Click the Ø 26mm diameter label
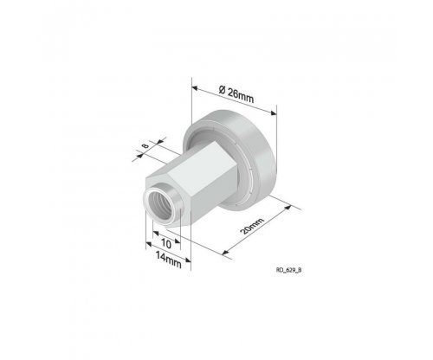point(236,94)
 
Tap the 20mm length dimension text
point(252,226)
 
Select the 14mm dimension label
point(169,260)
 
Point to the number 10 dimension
point(166,244)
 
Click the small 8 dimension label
point(145,145)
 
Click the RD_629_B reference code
point(289,270)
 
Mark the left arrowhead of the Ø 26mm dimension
point(195,87)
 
